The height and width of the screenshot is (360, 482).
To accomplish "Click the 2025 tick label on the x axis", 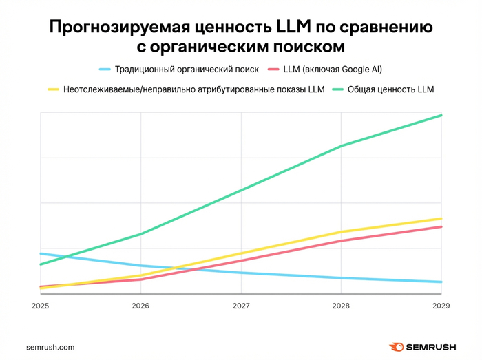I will click(x=41, y=306).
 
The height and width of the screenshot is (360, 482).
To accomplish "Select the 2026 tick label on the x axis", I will click(x=140, y=306).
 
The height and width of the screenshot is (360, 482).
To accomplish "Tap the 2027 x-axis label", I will click(x=241, y=306).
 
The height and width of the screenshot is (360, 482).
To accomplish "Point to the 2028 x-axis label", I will click(x=341, y=306).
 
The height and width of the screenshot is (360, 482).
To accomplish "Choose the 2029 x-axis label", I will click(x=441, y=306).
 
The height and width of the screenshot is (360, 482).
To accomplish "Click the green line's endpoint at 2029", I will click(x=441, y=115).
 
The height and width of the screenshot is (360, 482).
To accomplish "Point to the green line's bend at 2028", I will click(x=341, y=146).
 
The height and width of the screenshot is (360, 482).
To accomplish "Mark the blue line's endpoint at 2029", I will click(x=441, y=282).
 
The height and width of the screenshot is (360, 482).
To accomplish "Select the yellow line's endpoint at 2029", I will click(x=441, y=218).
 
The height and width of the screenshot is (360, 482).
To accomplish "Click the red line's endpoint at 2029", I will click(x=441, y=226).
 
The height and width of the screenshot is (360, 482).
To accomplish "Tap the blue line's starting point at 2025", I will click(x=41, y=253).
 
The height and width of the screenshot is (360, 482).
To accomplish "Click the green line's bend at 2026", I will click(x=141, y=234).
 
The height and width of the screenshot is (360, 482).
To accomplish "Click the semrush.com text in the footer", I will click(x=50, y=348).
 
